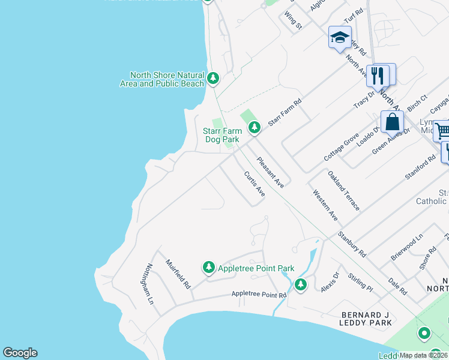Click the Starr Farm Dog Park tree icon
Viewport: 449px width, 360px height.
pos(255,127)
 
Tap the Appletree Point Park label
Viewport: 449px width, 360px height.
pos(256,268)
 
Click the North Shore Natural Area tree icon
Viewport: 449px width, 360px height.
pos(212,77)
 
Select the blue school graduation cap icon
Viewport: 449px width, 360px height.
pos(340,37)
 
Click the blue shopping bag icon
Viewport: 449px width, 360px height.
pos(392,121)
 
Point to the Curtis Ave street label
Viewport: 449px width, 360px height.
pos(255,184)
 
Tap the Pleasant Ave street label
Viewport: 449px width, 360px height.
pos(270,173)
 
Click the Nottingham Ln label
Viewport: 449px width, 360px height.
pos(150,283)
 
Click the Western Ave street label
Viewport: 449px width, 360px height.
pos(324,205)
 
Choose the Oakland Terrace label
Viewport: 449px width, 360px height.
pos(344,190)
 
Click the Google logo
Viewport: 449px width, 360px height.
pos(20,353)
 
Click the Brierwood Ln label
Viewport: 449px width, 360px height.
pos(407,245)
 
